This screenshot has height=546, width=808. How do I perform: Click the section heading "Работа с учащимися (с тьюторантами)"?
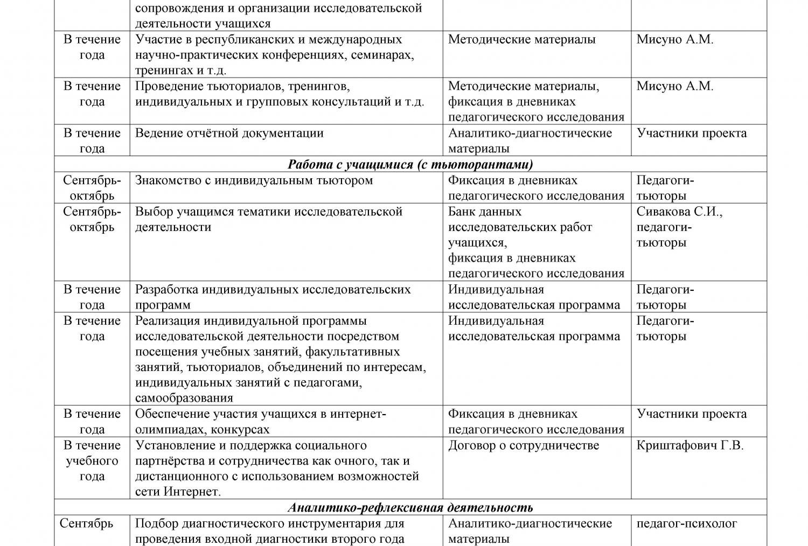tap(410, 164)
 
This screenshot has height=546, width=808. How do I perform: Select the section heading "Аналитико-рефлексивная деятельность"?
tap(410, 507)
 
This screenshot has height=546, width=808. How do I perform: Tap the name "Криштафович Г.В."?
tap(689, 445)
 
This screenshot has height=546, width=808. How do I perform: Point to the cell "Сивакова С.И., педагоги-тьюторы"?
tap(679, 227)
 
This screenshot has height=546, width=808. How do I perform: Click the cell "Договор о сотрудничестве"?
tap(523, 445)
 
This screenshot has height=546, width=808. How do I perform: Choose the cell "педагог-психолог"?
tap(686, 523)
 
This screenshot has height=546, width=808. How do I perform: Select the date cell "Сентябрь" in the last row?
tap(86, 523)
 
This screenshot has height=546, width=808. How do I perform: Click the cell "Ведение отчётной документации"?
tap(229, 133)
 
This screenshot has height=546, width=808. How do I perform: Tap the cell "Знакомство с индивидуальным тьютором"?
tap(254, 180)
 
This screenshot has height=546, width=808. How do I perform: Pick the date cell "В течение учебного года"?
tap(92, 461)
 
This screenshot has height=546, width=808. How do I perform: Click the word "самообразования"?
tap(184, 398)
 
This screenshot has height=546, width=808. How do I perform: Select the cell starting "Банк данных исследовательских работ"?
tap(536, 242)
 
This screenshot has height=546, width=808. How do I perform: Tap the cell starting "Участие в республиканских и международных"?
tap(274, 54)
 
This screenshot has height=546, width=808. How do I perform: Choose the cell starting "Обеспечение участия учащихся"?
tap(260, 422)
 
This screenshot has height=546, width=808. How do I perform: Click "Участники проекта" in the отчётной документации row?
tap(691, 133)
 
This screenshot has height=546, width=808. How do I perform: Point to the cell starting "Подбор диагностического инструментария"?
tap(269, 531)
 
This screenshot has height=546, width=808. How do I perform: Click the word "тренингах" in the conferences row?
tap(163, 71)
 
